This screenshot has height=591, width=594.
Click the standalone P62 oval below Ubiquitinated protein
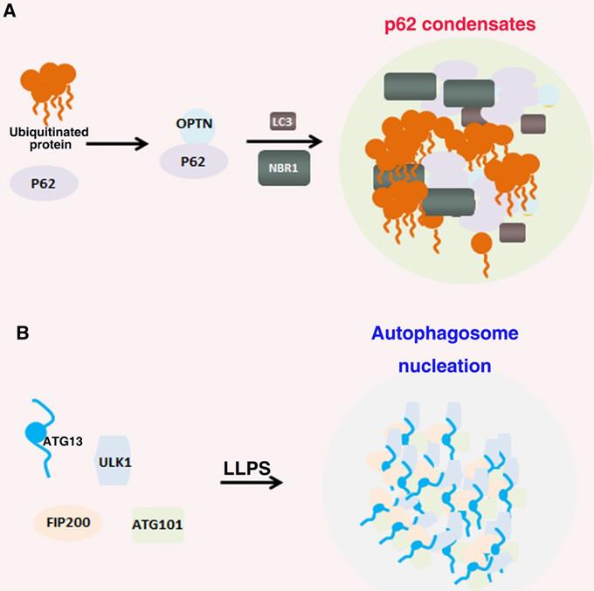click(x=44, y=184)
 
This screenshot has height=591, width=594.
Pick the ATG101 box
click(x=157, y=526)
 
